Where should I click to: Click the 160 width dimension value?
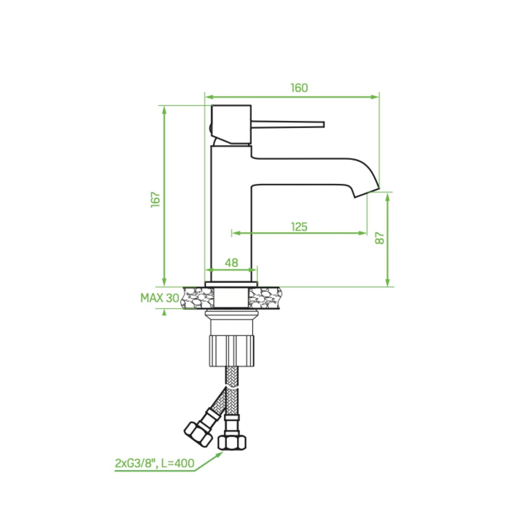point(299,88)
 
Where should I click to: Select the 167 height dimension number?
point(156,200)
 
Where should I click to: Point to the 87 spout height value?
point(380,238)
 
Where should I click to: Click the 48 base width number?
point(231,263)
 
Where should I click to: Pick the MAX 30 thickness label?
point(160,298)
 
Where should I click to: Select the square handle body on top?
point(231,124)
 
